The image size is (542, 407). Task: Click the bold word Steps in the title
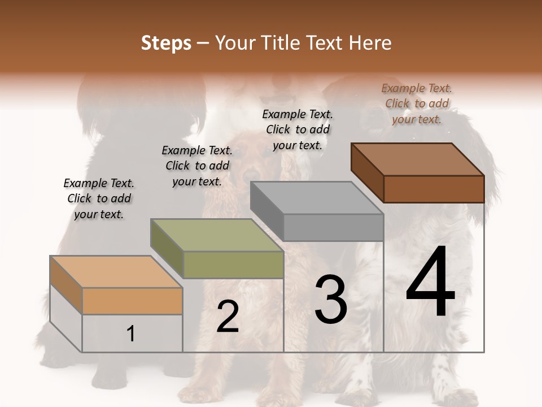(x=166, y=43)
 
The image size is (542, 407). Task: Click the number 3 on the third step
(x=331, y=300)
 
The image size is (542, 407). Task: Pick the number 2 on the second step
(x=228, y=317)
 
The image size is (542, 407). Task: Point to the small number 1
(x=131, y=334)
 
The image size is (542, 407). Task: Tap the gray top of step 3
(x=317, y=198)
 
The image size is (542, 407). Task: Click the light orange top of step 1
(x=116, y=272)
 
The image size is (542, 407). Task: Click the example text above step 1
(x=99, y=199)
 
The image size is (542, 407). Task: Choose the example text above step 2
(x=197, y=166)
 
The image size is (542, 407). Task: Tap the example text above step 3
(x=298, y=129)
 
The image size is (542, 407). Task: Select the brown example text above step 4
(x=417, y=103)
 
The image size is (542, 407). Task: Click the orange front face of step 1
(x=133, y=301)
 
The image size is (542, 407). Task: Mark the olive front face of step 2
(x=233, y=265)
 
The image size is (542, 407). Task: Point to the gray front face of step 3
(x=333, y=227)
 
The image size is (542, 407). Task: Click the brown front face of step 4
(x=434, y=189)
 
